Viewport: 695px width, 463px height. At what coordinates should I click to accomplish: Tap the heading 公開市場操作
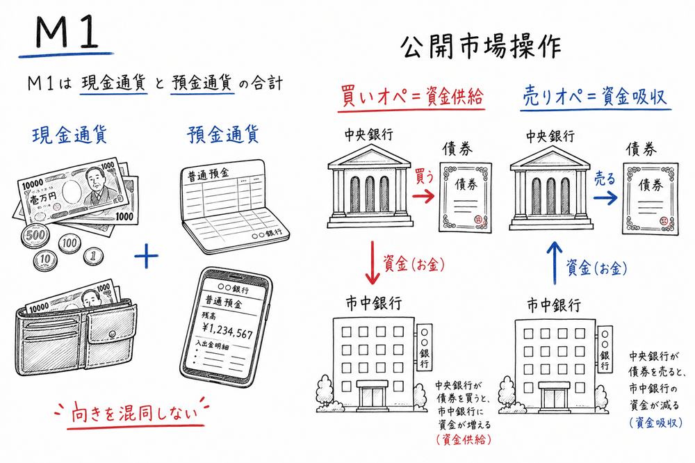click(486, 48)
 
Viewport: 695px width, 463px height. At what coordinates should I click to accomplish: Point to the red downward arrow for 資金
click(373, 263)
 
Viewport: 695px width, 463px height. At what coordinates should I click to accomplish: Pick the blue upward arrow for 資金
click(555, 263)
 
